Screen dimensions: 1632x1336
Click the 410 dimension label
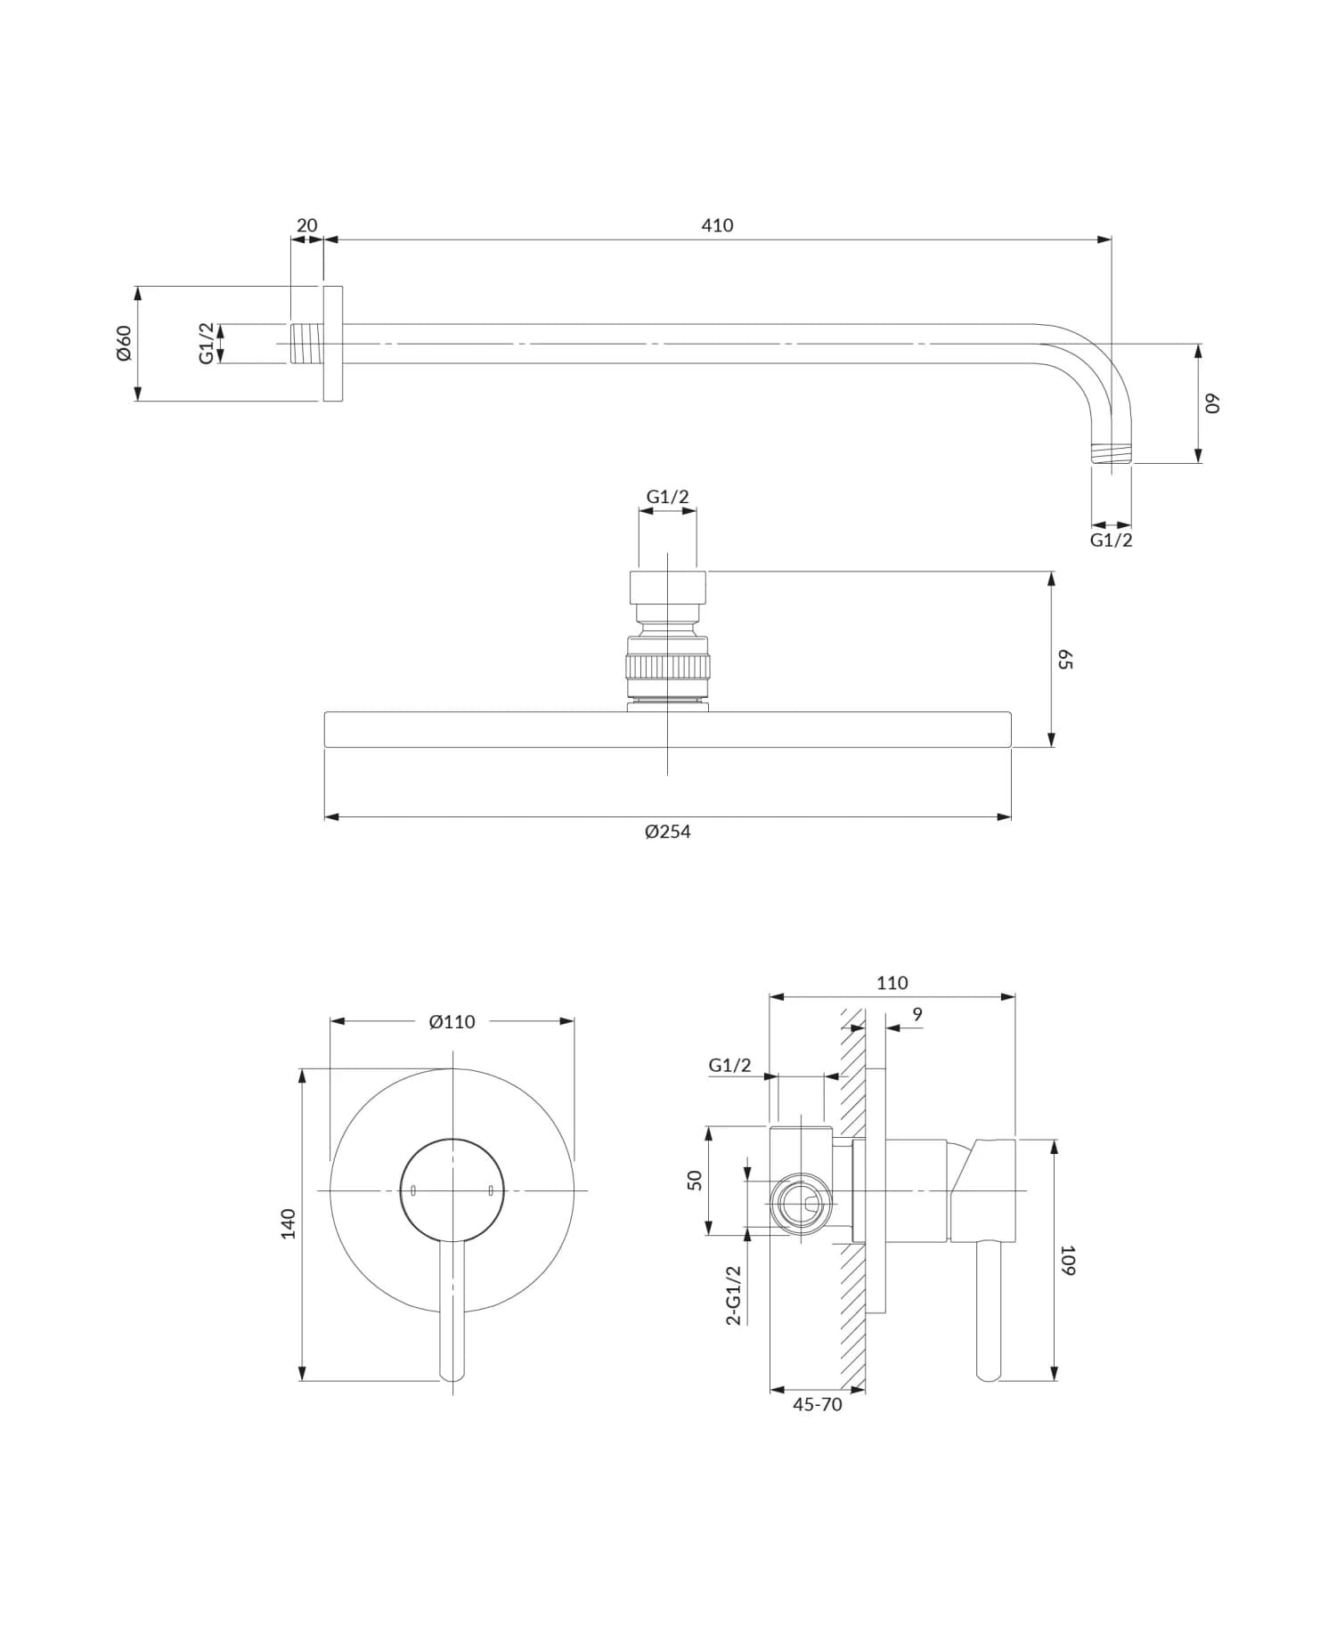(x=717, y=225)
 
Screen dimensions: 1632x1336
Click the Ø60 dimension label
(x=124, y=343)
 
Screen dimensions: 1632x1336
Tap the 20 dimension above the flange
(x=306, y=225)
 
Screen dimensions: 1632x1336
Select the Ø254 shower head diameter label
(x=667, y=832)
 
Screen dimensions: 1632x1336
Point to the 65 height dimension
(x=1065, y=660)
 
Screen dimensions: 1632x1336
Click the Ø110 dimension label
(x=452, y=1021)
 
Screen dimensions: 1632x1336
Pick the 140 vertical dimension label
(x=289, y=1223)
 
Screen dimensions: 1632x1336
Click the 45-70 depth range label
(x=817, y=1404)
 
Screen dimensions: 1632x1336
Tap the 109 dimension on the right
(x=1068, y=1260)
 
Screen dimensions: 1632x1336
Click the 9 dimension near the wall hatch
(x=917, y=1014)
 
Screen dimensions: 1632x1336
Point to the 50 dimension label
(x=696, y=1180)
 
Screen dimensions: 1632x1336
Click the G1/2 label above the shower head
(x=667, y=497)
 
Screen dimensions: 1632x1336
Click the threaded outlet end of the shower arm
(x=1112, y=452)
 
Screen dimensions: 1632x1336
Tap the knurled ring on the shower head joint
(x=667, y=666)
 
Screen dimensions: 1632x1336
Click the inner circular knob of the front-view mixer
(x=452, y=1189)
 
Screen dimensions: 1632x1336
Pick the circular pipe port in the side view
(x=800, y=1205)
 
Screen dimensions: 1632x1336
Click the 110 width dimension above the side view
(x=892, y=983)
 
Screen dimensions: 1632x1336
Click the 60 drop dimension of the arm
(x=1211, y=403)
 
